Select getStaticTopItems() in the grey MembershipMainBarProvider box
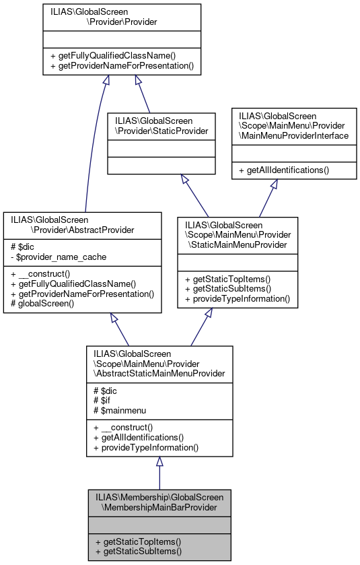(x=139, y=541)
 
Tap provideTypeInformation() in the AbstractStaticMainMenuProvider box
(x=145, y=447)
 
